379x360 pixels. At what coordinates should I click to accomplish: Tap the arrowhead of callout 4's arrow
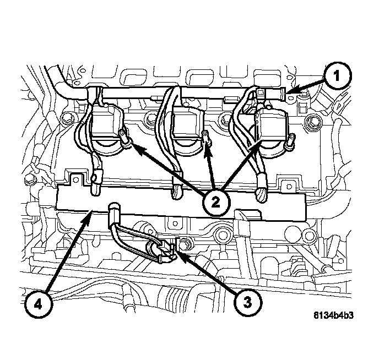pos(90,216)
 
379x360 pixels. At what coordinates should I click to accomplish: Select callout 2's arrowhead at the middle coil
pos(208,144)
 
